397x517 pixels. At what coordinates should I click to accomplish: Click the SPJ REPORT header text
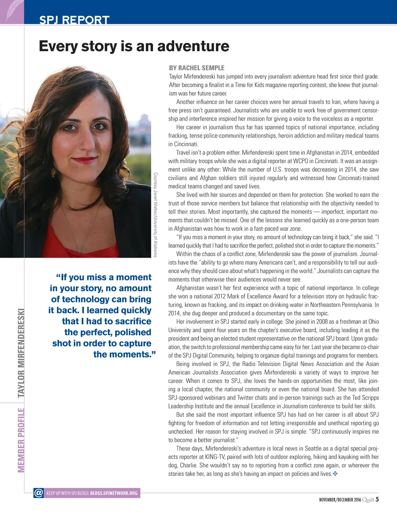tap(74, 20)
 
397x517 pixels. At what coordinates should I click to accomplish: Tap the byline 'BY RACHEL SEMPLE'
tap(197, 68)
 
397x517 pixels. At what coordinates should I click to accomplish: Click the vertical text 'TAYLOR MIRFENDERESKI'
tap(21, 353)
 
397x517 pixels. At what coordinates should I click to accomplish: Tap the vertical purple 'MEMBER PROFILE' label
tap(21, 440)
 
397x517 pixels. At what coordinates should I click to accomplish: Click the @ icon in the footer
tap(39, 493)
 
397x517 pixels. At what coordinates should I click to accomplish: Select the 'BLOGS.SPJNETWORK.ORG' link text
tap(114, 493)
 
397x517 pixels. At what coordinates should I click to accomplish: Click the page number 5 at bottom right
tap(377, 499)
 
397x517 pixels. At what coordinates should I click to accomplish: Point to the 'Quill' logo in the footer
tap(368, 500)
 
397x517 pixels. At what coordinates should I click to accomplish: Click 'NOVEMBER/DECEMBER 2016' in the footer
tap(340, 500)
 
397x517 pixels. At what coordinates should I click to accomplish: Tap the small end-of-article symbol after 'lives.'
tap(335, 474)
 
